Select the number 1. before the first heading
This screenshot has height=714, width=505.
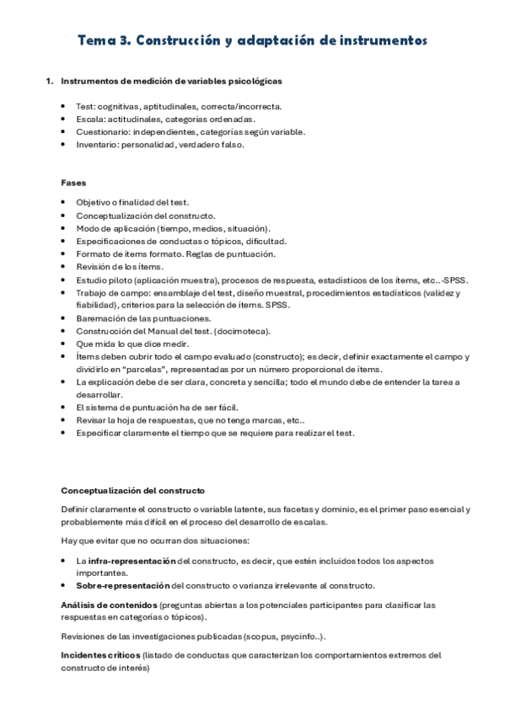pyautogui.click(x=49, y=82)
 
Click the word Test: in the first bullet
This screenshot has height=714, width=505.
pyautogui.click(x=86, y=106)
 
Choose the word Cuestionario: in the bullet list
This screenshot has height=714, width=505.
pyautogui.click(x=103, y=131)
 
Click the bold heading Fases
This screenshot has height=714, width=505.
pyautogui.click(x=73, y=182)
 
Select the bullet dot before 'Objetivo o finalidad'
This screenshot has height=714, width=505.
pyautogui.click(x=65, y=203)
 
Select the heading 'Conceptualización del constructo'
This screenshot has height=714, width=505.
pyautogui.click(x=132, y=491)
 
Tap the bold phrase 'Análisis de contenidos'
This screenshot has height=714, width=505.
pyautogui.click(x=109, y=605)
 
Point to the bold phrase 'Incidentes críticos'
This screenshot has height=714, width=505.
pyautogui.click(x=100, y=654)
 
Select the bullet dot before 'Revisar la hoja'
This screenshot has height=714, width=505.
pyautogui.click(x=65, y=420)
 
